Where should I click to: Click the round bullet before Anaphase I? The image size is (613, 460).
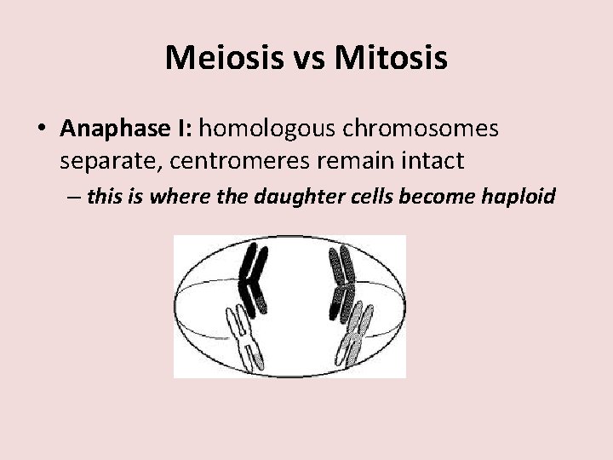click(x=42, y=129)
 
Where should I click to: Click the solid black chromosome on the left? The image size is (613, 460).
click(x=254, y=274)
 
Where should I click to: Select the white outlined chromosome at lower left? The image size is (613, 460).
click(x=243, y=336)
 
